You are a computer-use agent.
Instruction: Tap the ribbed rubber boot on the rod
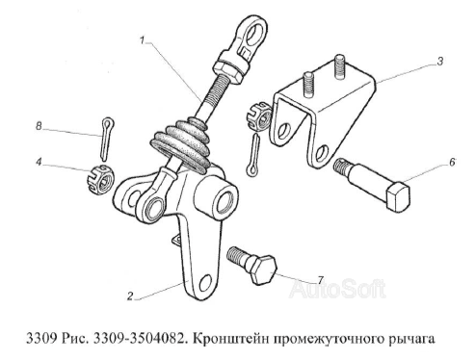[184, 143]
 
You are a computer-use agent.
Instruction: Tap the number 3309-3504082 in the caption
[127, 339]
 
